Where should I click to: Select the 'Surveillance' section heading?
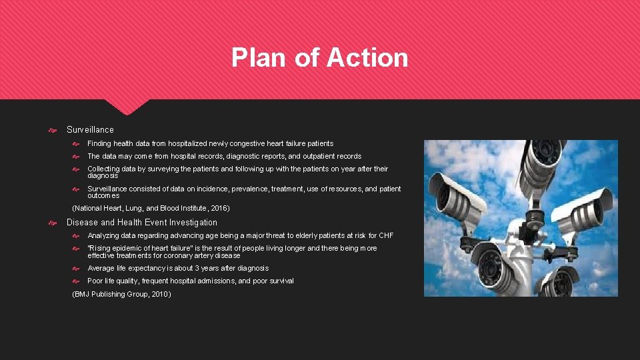click(x=90, y=129)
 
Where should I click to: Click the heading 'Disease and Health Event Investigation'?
click(x=142, y=223)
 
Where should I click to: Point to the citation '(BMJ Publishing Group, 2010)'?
click(x=121, y=294)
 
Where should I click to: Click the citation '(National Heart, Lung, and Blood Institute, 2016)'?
click(x=151, y=208)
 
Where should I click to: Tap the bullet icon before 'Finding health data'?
click(x=75, y=144)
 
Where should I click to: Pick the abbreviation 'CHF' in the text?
click(x=387, y=235)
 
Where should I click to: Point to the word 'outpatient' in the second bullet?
click(x=322, y=157)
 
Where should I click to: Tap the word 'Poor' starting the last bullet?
click(x=95, y=281)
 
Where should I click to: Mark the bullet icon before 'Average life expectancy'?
click(x=75, y=269)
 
